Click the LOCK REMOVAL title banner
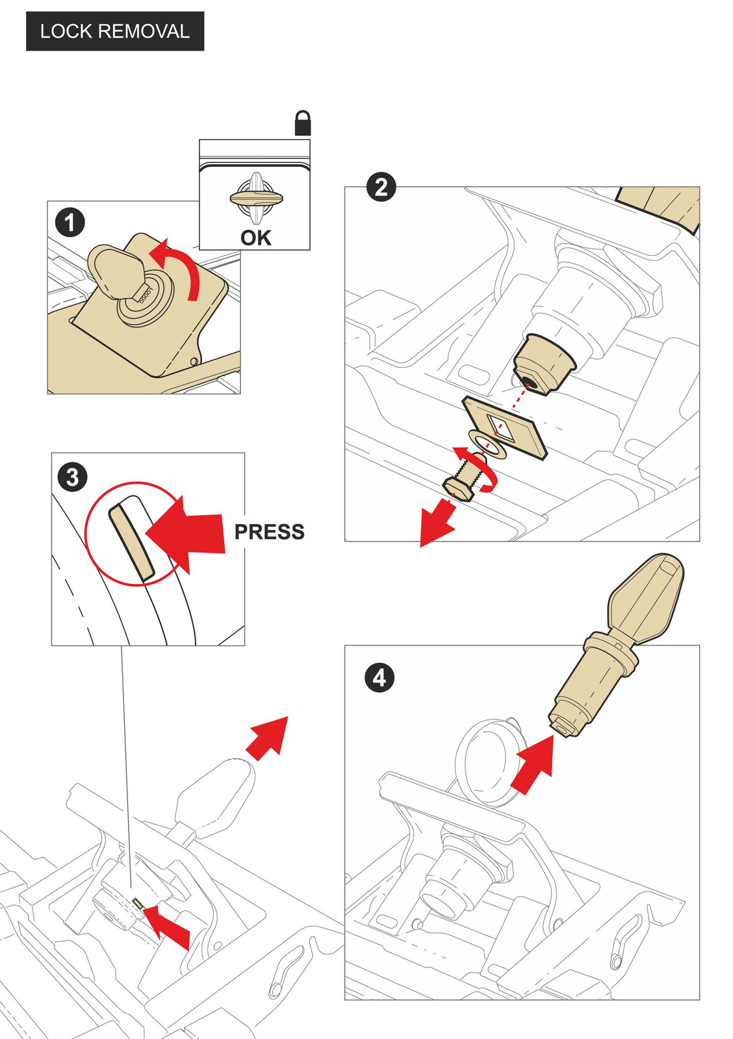pyautogui.click(x=115, y=31)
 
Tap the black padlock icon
pyautogui.click(x=303, y=123)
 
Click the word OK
pyautogui.click(x=256, y=238)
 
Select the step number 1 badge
pyautogui.click(x=70, y=223)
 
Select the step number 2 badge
pyautogui.click(x=381, y=187)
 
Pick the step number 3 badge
pyautogui.click(x=72, y=477)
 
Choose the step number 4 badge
pyautogui.click(x=379, y=678)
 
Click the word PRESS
pyautogui.click(x=269, y=532)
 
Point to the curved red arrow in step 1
pyautogui.click(x=185, y=269)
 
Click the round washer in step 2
pyautogui.click(x=487, y=444)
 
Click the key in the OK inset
pyautogui.click(x=256, y=196)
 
